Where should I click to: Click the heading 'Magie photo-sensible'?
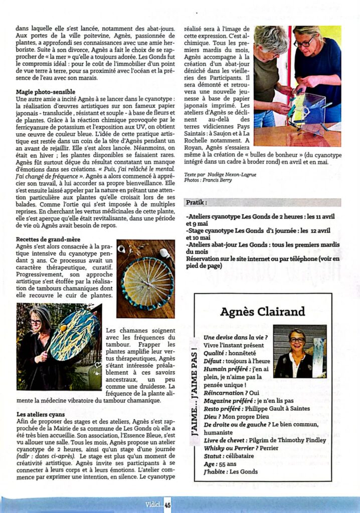point(46,92)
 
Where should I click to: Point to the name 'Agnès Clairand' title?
point(262,312)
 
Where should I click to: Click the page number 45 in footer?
point(167,505)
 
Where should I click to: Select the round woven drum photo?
point(146,279)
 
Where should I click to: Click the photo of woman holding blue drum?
point(59,346)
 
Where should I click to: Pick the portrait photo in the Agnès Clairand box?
point(299,351)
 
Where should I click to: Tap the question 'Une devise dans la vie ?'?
point(232,337)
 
